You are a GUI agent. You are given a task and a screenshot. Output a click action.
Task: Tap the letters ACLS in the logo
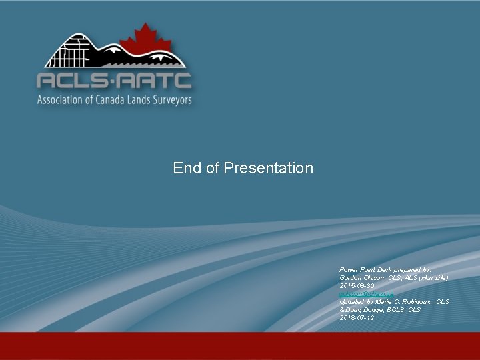tap(72, 81)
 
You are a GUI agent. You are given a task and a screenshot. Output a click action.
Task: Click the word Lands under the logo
tap(141, 100)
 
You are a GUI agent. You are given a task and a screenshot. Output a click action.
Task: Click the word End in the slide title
tap(187, 168)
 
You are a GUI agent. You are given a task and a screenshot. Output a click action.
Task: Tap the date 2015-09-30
tap(357, 285)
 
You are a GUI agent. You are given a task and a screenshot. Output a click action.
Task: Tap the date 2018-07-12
tap(357, 318)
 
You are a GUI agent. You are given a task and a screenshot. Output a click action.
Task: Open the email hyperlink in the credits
tap(366, 293)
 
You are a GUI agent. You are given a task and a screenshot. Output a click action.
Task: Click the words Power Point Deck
tap(365, 269)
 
